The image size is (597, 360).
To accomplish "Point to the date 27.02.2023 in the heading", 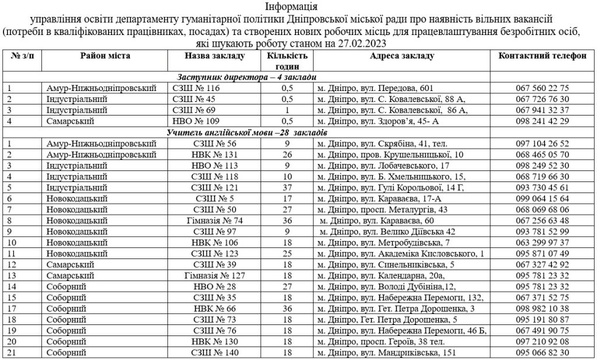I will click(x=361, y=44).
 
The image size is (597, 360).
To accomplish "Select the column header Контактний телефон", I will click(x=542, y=55).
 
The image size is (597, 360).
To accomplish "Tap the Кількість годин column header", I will click(x=287, y=60).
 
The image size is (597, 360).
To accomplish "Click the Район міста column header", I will click(x=106, y=55).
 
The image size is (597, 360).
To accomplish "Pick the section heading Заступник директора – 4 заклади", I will click(x=247, y=78).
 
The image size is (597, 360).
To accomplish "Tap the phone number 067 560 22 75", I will click(x=542, y=88).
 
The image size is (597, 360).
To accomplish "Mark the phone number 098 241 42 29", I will click(x=542, y=121).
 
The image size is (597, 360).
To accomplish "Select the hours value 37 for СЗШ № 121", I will click(x=286, y=187).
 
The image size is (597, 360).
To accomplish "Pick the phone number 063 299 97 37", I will click(x=542, y=243).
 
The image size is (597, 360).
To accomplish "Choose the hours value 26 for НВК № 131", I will click(x=286, y=155).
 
